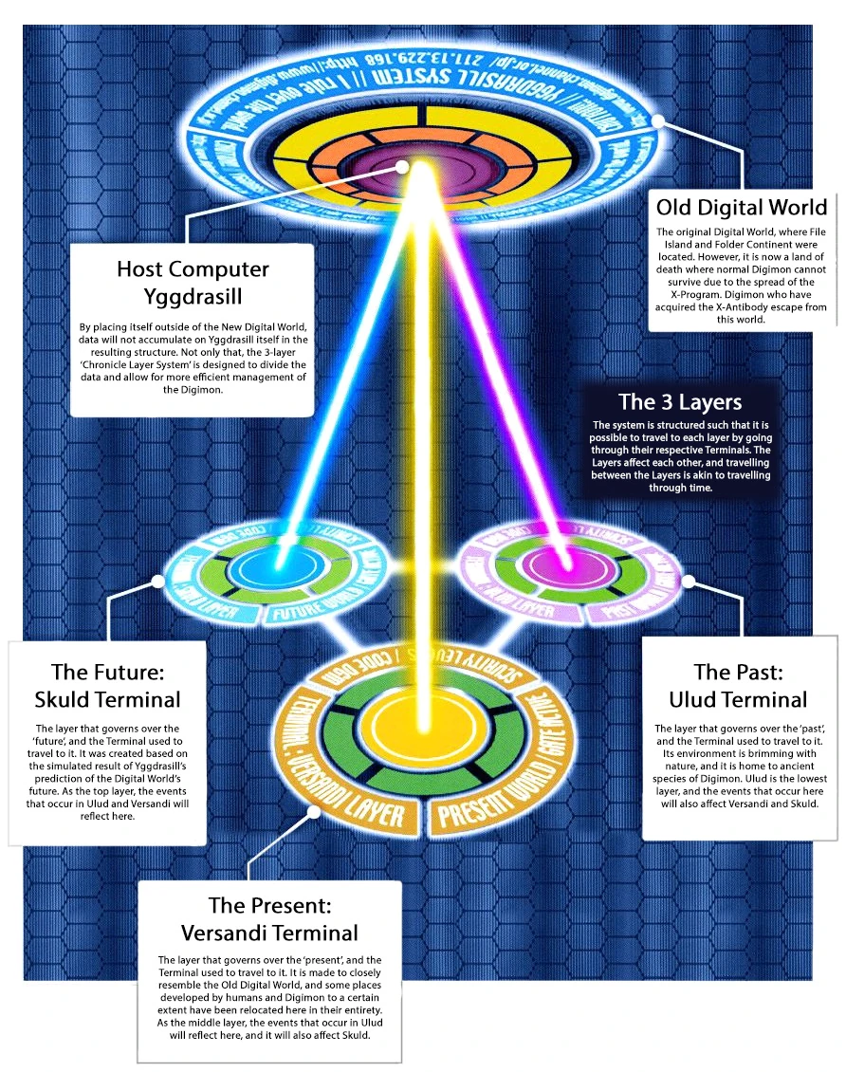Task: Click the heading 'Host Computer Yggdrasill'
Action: tap(193, 282)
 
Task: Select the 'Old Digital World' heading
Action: tap(742, 207)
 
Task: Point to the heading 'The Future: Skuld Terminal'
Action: tap(107, 686)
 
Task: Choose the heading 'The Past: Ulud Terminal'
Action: tap(738, 686)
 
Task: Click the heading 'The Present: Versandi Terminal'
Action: tap(270, 918)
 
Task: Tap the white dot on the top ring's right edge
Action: tap(658, 121)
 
